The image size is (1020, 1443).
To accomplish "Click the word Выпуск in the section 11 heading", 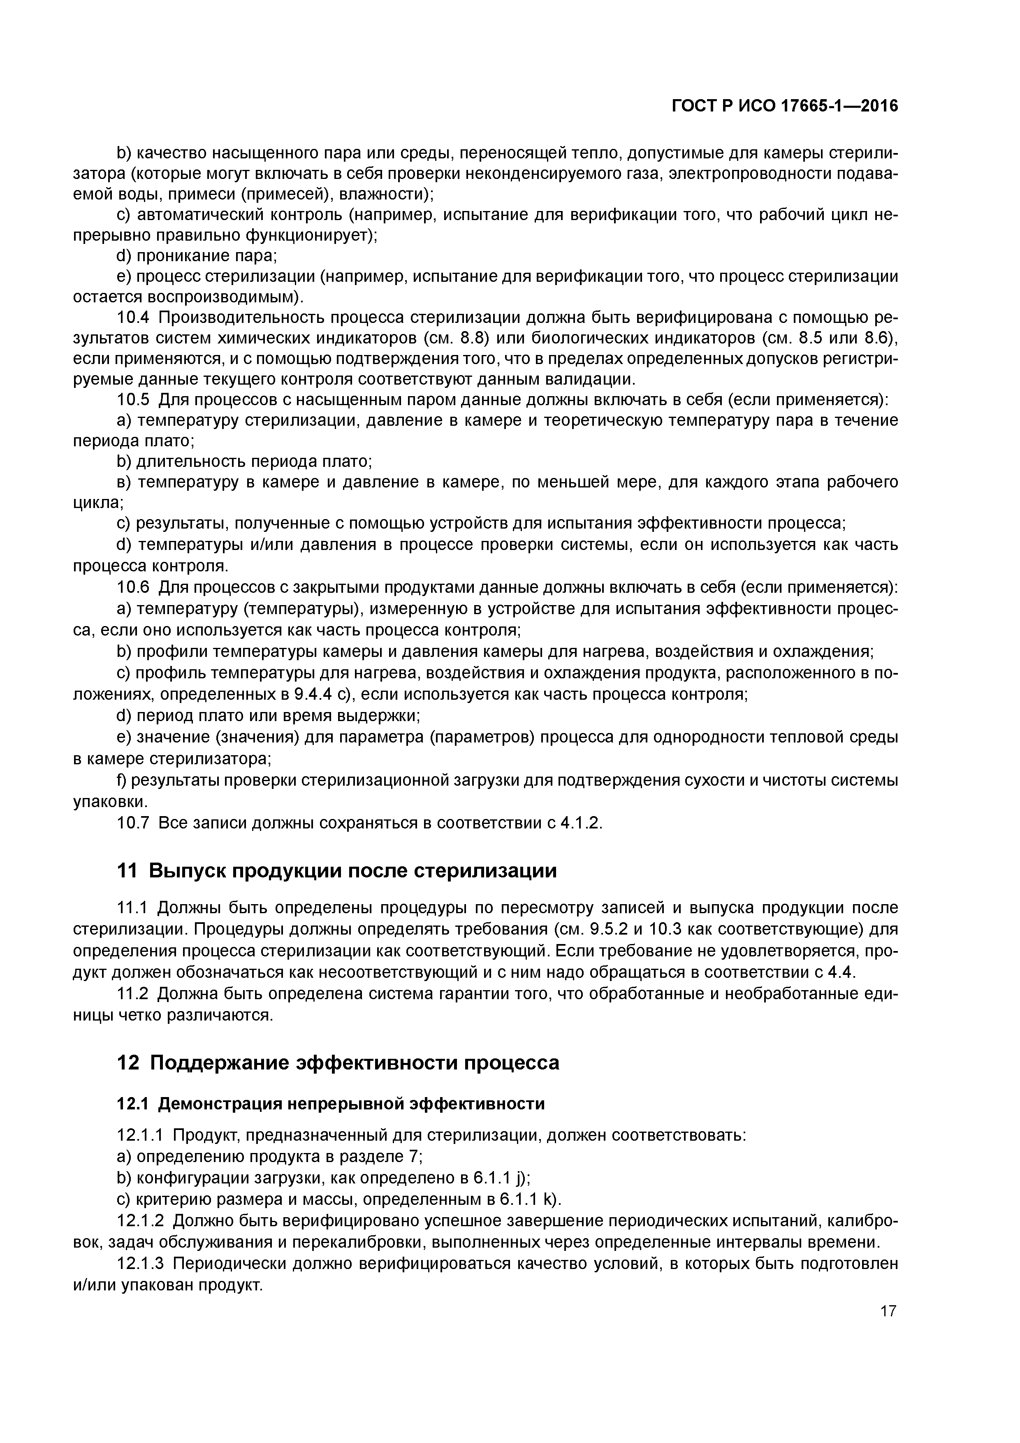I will point(188,870).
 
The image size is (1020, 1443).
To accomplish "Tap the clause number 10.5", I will point(133,400).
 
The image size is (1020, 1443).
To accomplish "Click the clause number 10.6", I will point(133,587).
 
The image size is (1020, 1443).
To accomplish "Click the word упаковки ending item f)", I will point(109,802).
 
